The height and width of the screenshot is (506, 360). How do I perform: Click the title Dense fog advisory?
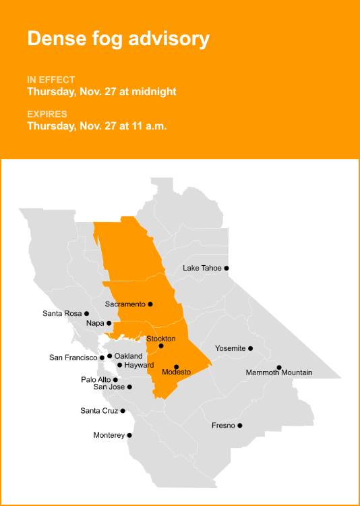[x=118, y=39]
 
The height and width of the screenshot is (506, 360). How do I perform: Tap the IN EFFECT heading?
[x=51, y=80]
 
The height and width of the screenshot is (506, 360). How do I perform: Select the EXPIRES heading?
[x=48, y=114]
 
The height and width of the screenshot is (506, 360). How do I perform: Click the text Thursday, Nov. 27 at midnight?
[x=101, y=91]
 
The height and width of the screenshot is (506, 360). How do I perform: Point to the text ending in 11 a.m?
[x=97, y=125]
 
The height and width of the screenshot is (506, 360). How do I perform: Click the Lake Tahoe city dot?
[x=227, y=268]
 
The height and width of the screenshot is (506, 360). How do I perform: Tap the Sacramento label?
[x=125, y=304]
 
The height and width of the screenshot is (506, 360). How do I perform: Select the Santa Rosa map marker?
[x=86, y=313]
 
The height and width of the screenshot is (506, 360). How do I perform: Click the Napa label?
[x=95, y=324]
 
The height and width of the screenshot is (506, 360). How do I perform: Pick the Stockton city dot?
[x=161, y=346]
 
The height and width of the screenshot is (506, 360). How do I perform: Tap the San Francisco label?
[x=73, y=358]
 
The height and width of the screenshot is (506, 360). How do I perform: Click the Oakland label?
[x=128, y=356]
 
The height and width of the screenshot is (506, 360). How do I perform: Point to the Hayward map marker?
[x=119, y=365]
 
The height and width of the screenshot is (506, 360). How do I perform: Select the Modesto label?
[x=177, y=372]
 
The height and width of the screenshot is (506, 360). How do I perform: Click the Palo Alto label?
[x=96, y=380]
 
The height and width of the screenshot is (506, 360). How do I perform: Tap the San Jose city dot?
[x=129, y=387]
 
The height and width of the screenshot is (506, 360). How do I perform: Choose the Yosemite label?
[x=230, y=348]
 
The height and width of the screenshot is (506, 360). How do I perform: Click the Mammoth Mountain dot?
[x=279, y=368]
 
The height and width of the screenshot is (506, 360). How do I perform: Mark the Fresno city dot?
[x=239, y=425]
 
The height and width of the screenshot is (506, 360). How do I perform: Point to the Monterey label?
[x=109, y=435]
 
